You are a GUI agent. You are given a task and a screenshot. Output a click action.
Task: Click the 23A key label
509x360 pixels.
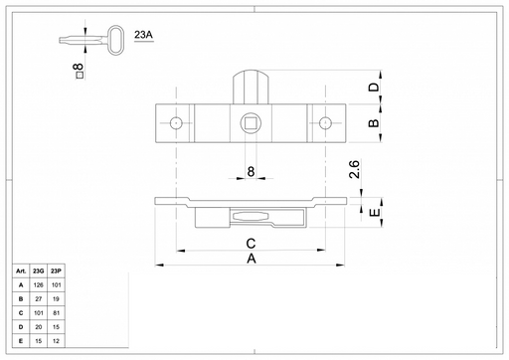(143, 35)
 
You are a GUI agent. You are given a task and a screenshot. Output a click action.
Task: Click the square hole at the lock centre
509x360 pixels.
(251, 123)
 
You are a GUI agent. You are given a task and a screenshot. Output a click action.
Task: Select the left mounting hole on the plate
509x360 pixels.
(176, 123)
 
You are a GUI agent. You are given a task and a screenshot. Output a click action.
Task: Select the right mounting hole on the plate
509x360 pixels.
(325, 123)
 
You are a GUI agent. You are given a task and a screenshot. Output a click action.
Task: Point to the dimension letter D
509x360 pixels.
(374, 87)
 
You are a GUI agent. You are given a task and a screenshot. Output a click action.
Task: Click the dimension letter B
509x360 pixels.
(374, 123)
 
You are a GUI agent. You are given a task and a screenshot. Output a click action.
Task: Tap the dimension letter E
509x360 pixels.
(375, 212)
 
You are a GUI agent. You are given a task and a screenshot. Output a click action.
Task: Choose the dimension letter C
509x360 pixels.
(251, 244)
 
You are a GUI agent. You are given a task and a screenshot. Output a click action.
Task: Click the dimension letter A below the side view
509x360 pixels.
(252, 259)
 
